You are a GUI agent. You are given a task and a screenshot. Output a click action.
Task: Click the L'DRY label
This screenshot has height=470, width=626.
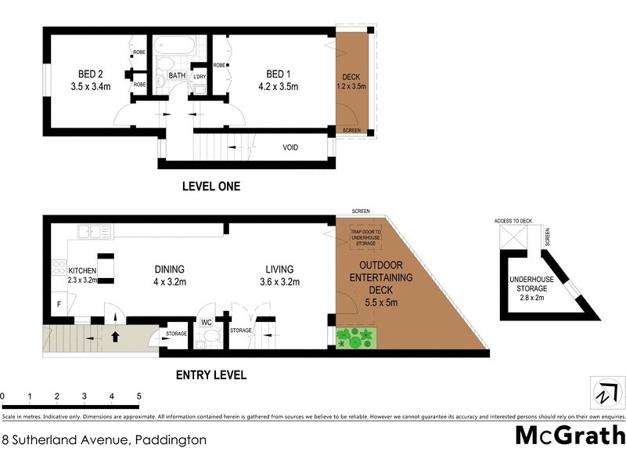(199, 77)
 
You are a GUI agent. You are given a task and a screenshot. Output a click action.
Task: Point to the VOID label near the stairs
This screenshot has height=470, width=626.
(294, 146)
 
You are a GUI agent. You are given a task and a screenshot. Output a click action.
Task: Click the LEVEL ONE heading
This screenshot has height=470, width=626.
(210, 186)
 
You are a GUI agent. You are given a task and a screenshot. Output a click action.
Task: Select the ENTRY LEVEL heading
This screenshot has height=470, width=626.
(210, 375)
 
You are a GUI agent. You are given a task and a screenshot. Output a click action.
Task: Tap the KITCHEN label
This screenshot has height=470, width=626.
(82, 270)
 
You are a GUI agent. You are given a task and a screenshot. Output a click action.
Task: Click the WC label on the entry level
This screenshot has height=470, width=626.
(207, 322)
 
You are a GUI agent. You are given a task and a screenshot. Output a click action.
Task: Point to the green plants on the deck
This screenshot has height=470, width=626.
(356, 338)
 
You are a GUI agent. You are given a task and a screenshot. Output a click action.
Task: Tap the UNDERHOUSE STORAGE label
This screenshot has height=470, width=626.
(532, 283)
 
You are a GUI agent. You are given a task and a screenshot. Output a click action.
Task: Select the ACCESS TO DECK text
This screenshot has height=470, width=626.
(513, 221)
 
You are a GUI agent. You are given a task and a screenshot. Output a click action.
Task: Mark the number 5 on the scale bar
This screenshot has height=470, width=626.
(139, 396)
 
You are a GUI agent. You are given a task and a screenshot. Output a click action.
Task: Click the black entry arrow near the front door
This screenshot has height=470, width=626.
(115, 338)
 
